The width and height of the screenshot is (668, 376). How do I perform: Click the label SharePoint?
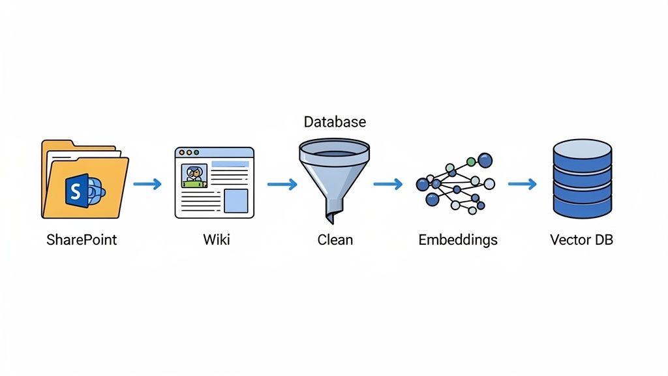[82, 240]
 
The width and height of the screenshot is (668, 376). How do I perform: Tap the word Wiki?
[216, 240]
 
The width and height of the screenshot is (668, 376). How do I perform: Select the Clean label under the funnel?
[335, 240]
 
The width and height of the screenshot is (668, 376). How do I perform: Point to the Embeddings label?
[457, 240]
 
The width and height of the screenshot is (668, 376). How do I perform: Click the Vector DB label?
[581, 240]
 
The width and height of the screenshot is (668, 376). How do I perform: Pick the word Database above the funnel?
[335, 122]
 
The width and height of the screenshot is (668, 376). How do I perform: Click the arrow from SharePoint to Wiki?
[147, 184]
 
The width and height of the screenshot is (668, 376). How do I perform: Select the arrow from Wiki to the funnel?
[282, 184]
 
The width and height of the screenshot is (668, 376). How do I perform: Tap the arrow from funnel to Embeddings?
[388, 184]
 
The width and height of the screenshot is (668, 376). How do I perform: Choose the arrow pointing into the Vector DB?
[522, 184]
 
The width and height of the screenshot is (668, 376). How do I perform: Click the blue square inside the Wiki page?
[235, 201]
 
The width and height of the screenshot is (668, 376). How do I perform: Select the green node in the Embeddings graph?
[470, 161]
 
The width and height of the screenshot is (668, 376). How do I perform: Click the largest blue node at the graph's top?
[485, 159]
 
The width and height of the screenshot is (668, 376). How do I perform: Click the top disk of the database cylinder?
[582, 151]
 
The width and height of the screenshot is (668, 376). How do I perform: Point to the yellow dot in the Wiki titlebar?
[189, 152]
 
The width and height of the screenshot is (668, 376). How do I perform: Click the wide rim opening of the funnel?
[334, 149]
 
